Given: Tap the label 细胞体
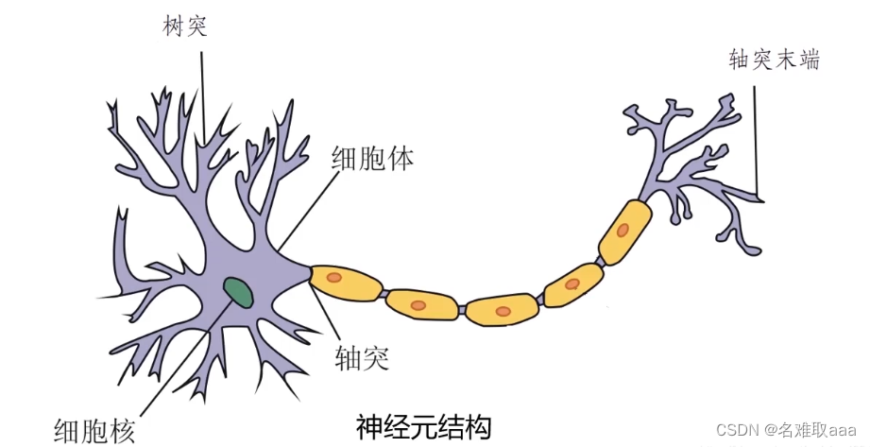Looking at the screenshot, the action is click(372, 158).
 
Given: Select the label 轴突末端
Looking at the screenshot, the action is click(774, 60).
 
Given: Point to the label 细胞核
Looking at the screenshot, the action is click(94, 429).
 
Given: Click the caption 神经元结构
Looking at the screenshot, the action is click(424, 426).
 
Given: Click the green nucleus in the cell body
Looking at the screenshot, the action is click(238, 292).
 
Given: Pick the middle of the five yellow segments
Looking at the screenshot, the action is click(502, 309).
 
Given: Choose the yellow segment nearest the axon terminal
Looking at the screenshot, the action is click(623, 230).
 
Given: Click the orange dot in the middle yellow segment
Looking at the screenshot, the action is click(503, 310).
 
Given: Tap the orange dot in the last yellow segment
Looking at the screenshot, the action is click(623, 229).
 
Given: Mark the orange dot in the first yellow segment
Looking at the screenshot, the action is click(333, 278).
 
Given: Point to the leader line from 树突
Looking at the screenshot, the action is click(201, 95).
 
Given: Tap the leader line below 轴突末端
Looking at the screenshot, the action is click(757, 142).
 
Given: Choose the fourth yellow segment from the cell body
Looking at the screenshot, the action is click(573, 284).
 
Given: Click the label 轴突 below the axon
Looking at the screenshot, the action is click(363, 356).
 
